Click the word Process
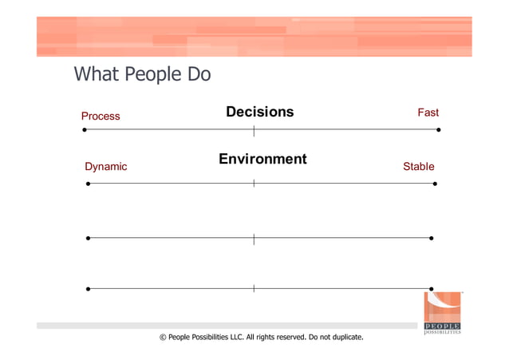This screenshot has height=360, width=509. [x=101, y=117]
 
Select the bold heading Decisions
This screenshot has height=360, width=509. [x=259, y=113]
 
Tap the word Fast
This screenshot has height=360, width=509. [x=428, y=113]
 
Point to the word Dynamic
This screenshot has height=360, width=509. [x=105, y=167]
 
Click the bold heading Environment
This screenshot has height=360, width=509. [x=262, y=160]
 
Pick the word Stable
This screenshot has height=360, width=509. [x=418, y=167]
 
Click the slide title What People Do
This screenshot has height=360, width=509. [x=142, y=75]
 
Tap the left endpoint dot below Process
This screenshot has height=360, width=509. [x=85, y=129]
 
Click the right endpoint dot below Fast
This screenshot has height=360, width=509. [x=438, y=129]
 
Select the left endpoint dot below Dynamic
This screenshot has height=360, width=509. [x=88, y=184]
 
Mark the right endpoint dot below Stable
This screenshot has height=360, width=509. [x=435, y=184]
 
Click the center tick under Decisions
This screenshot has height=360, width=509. [x=254, y=129]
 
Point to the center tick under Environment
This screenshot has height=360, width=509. [x=254, y=184]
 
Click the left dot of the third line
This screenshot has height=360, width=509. [x=88, y=238]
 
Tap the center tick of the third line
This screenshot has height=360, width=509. [x=254, y=238]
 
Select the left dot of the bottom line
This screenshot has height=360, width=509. [x=88, y=288]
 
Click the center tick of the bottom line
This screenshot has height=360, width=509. [x=254, y=288]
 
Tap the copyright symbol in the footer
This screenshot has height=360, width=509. [x=163, y=338]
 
